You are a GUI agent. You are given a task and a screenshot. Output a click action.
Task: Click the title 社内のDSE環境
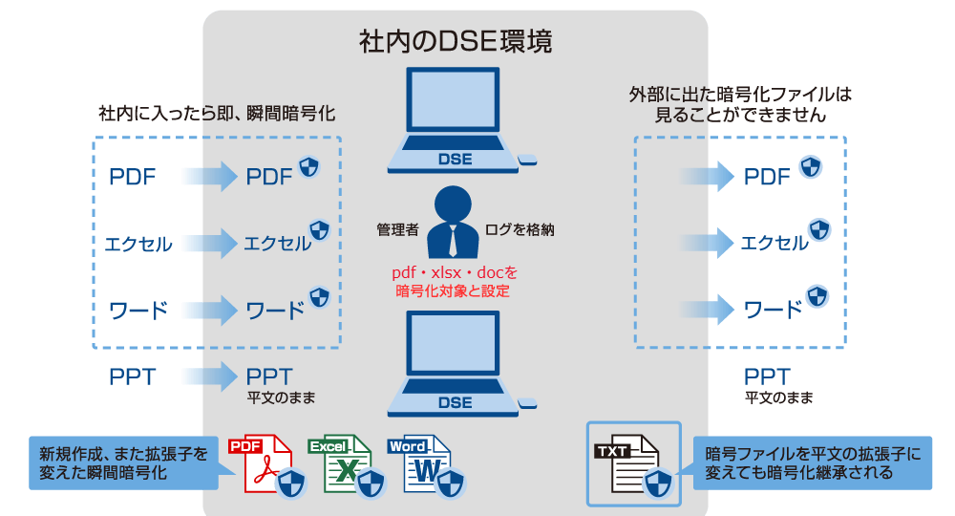(455, 43)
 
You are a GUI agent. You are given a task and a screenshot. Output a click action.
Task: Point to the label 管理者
(397, 230)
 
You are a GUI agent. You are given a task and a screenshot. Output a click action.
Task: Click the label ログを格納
(520, 230)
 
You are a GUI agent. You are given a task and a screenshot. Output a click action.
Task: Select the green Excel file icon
(340, 464)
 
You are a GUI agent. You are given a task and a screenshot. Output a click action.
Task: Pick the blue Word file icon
(420, 464)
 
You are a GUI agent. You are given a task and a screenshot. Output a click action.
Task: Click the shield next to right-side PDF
(810, 168)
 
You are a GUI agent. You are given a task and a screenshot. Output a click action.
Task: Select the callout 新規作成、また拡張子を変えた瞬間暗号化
(123, 463)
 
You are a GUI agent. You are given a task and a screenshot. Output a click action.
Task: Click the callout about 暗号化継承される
(812, 463)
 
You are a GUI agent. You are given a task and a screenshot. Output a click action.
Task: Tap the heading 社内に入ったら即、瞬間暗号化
(217, 114)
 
